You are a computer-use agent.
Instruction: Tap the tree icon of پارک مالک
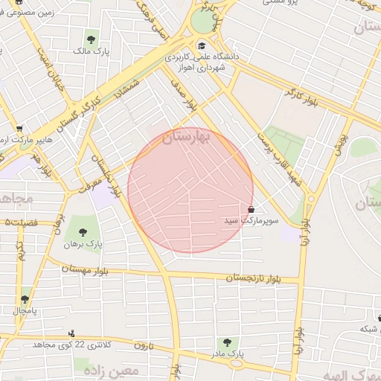click(x=92, y=39)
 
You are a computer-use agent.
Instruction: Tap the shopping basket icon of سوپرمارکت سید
click(x=251, y=209)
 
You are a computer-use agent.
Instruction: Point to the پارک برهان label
click(x=81, y=243)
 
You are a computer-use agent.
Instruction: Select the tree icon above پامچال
click(x=25, y=298)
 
